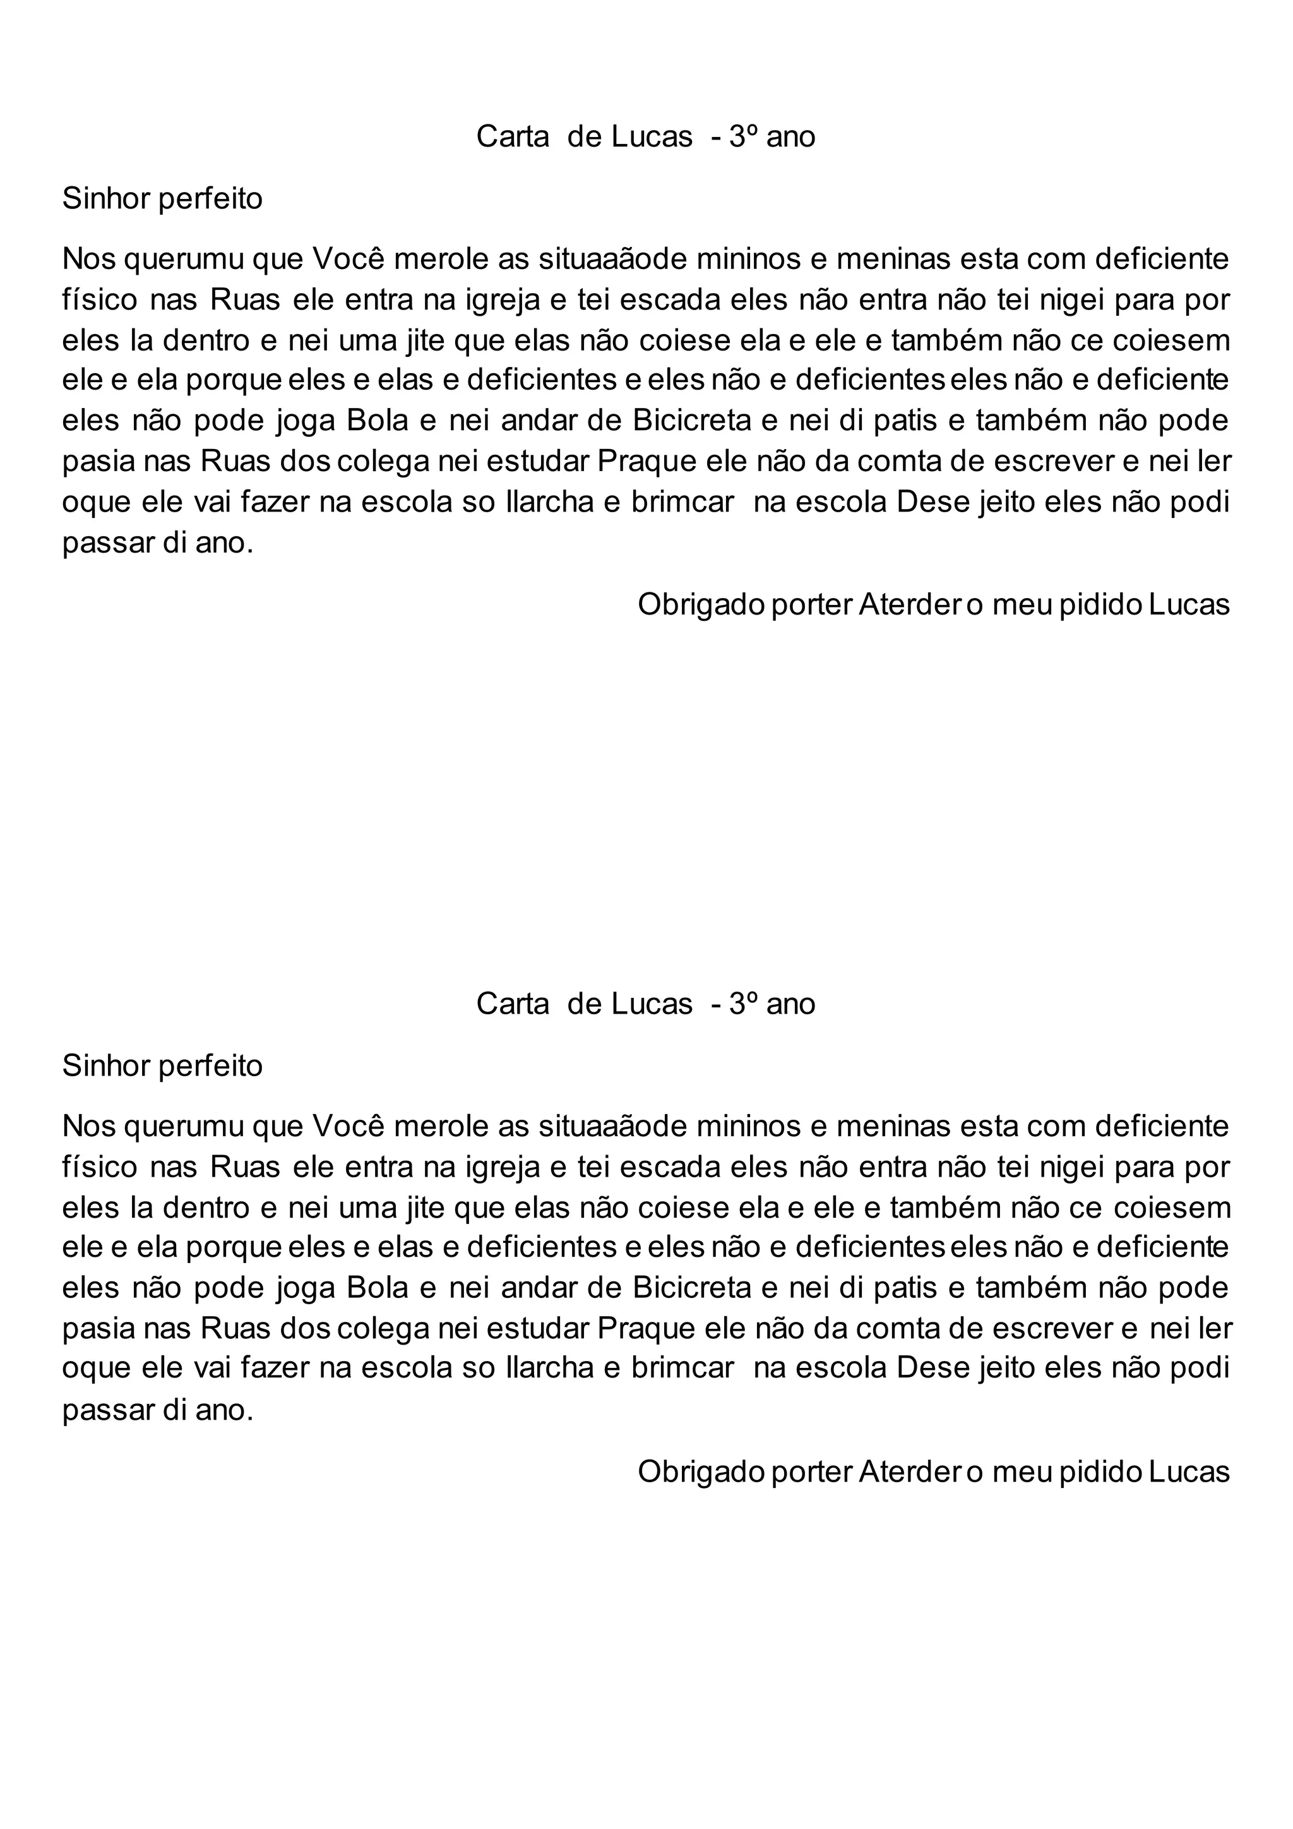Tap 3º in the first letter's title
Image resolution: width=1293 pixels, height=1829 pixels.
(x=742, y=137)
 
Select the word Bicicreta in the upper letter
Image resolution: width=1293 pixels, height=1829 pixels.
(x=693, y=421)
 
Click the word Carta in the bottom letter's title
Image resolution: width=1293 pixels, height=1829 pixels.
(x=512, y=1004)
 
